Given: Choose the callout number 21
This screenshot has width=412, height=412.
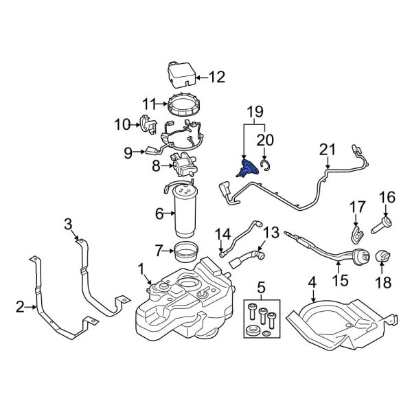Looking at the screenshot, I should click(x=328, y=148).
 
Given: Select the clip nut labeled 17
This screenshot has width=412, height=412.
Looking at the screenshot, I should click(x=356, y=232).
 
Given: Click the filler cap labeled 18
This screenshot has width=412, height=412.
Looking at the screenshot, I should click(x=382, y=257).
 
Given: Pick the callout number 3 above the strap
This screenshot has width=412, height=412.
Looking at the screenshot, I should click(x=67, y=223).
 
